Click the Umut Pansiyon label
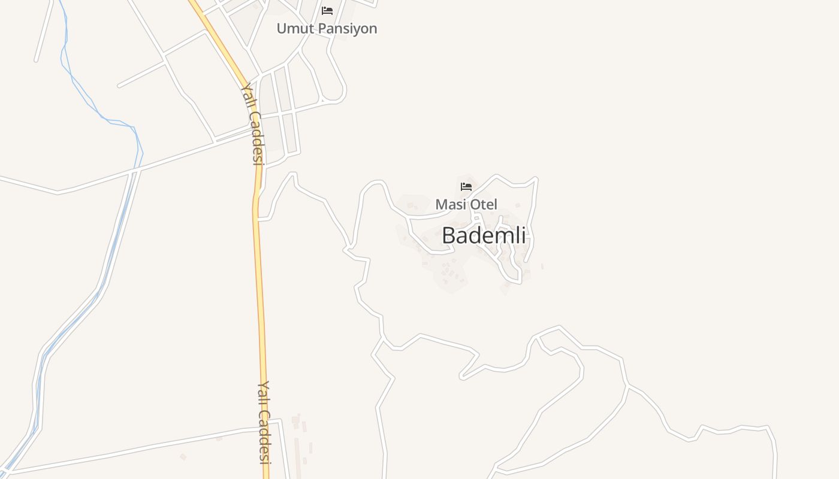click(x=327, y=28)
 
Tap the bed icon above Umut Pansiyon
click(x=327, y=11)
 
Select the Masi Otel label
click(x=466, y=204)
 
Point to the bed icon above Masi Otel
click(x=466, y=187)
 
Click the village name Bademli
click(x=484, y=235)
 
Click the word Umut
click(x=295, y=28)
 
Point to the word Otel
click(x=484, y=204)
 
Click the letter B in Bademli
click(x=448, y=235)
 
